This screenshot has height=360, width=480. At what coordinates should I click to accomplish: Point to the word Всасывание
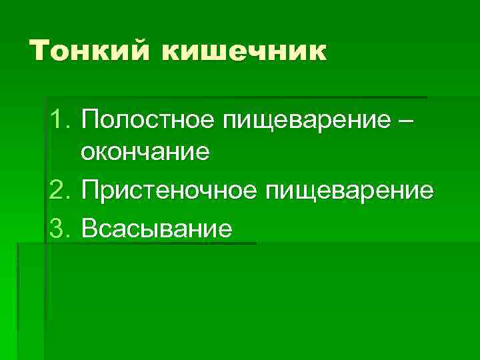click(x=157, y=229)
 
